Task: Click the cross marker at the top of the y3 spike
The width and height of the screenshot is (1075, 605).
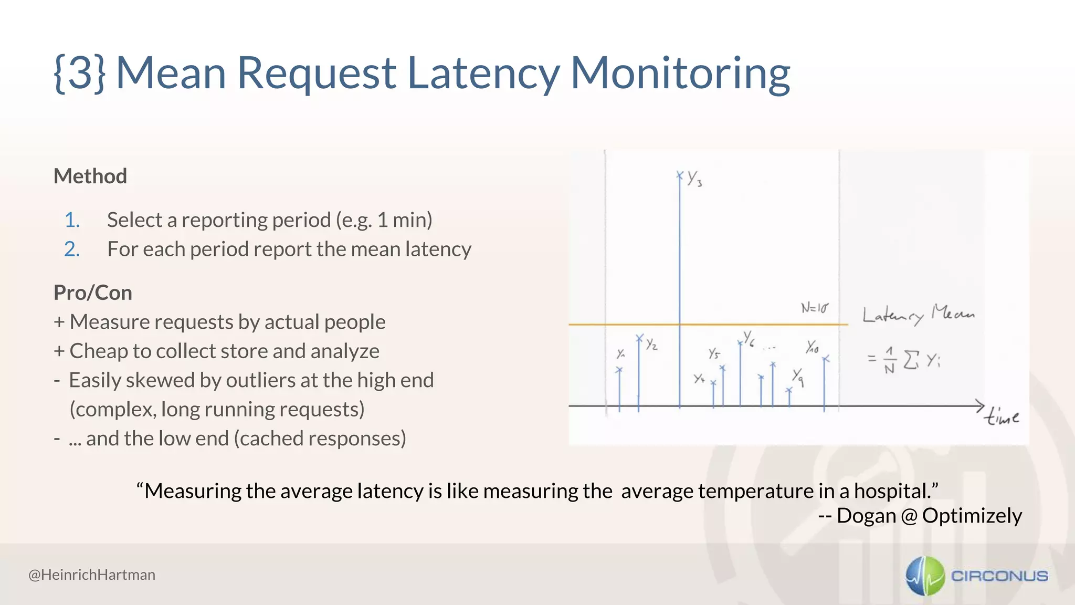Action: [x=680, y=175]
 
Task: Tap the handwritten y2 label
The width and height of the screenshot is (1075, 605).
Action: [x=651, y=344]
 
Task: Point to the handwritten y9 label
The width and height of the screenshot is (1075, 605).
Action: [x=798, y=376]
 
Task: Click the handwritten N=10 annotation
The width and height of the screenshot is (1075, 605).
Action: [x=814, y=308]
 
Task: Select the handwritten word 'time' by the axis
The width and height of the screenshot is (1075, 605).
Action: [x=1002, y=417]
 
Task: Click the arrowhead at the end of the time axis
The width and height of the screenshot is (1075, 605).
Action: [x=980, y=405]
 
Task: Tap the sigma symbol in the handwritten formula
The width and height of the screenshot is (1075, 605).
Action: [x=911, y=360]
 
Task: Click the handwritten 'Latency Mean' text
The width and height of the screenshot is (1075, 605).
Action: [x=918, y=315]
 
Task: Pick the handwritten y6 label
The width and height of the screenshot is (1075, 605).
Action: [x=749, y=338]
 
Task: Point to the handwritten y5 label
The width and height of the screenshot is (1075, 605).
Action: [x=714, y=353]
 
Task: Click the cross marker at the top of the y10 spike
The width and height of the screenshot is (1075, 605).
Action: [x=826, y=359]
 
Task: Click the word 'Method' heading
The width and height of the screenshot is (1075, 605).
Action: [x=90, y=176]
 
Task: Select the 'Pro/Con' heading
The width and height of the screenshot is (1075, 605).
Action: [x=93, y=293]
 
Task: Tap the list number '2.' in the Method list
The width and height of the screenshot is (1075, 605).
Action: [x=72, y=249]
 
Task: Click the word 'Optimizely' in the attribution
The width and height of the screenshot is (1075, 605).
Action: [x=972, y=516]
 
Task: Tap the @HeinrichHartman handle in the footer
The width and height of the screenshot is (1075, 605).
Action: [x=92, y=575]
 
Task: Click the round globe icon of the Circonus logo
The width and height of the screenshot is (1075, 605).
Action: [x=925, y=576]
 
